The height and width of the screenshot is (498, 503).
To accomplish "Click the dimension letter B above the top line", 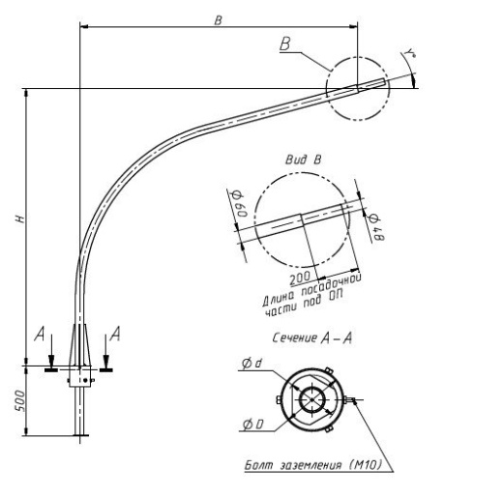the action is click(219, 20).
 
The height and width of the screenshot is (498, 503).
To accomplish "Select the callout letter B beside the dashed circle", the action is click(285, 44).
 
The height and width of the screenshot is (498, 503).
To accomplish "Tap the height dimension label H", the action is click(20, 219).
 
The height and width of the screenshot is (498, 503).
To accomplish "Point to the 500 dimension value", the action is click(19, 400).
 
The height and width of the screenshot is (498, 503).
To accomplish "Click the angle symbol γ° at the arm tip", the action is click(410, 52).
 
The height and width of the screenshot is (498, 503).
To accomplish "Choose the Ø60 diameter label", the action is click(240, 204).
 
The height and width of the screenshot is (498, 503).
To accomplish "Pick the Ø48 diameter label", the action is click(375, 227).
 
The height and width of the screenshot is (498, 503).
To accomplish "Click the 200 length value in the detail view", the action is click(300, 278).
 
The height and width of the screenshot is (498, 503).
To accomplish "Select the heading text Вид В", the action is click(304, 160).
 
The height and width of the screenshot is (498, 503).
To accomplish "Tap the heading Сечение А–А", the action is click(311, 337).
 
